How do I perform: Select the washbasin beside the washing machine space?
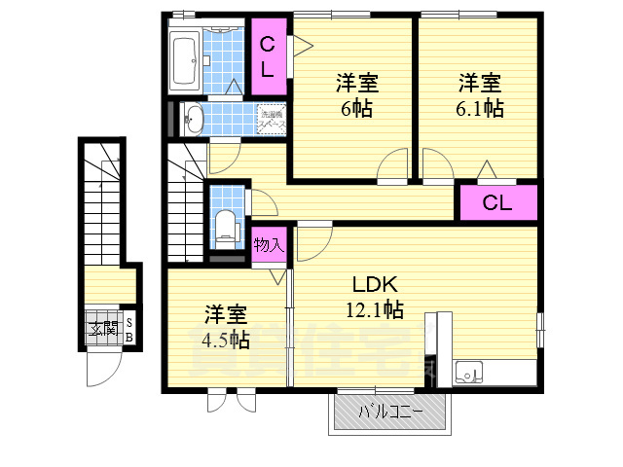click(194, 120)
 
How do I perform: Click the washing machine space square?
click(272, 120)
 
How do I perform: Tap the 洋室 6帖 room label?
click(357, 94)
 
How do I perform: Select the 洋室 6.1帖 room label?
click(479, 94)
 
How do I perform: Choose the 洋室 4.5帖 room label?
click(225, 326)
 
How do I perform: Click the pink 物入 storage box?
click(268, 244)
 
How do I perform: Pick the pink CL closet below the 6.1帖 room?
click(497, 203)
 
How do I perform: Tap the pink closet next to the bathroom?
click(270, 54)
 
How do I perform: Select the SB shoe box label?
click(129, 330)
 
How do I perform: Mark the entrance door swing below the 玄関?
click(102, 370)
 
